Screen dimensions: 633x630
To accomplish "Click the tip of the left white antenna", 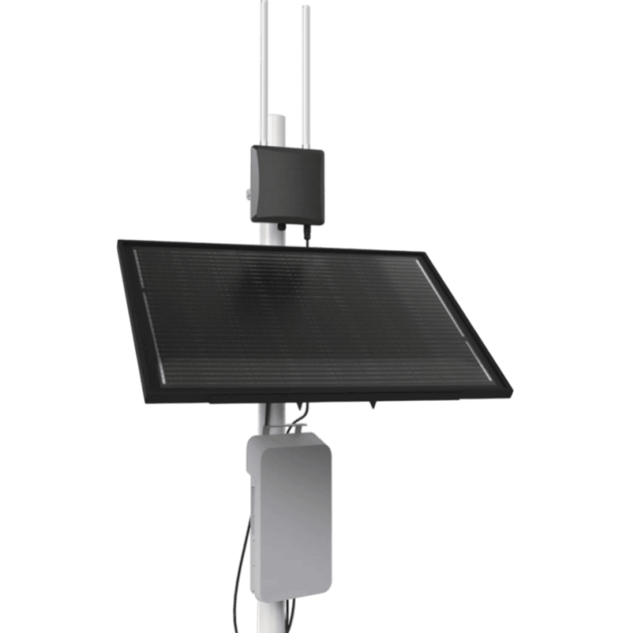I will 264,3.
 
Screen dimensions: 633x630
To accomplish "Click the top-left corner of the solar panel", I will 119,241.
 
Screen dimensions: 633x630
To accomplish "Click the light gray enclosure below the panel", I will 288,509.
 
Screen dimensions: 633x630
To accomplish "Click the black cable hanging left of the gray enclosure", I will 241,566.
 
